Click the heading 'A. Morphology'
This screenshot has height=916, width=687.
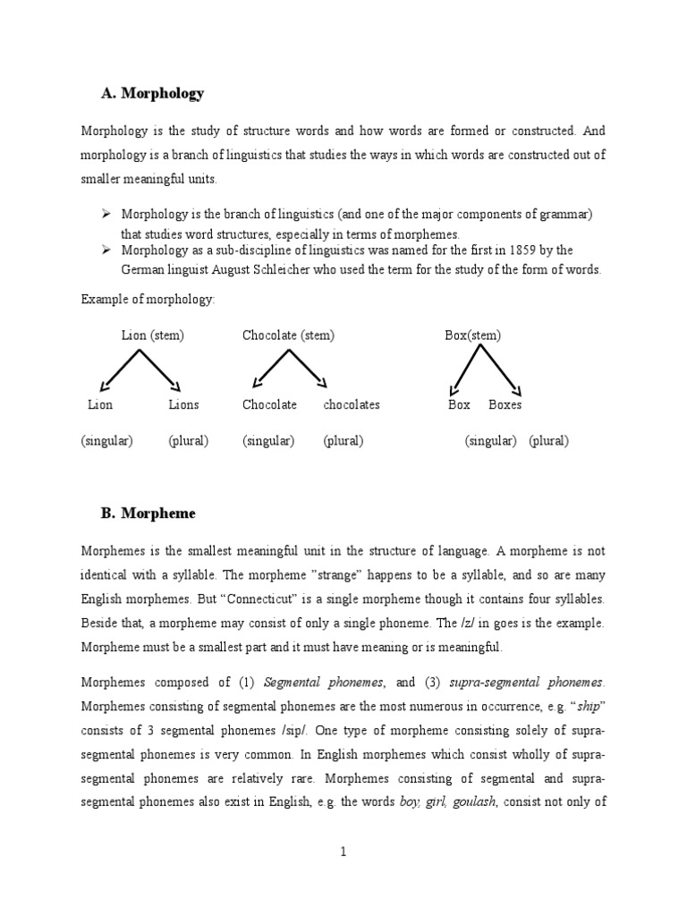point(152,93)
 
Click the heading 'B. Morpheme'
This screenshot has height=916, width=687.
point(148,513)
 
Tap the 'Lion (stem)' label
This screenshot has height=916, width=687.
point(153,335)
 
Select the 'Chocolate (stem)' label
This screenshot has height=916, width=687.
point(288,335)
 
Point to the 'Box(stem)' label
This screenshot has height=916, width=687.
point(472,335)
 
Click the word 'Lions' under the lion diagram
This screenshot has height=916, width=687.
point(183,404)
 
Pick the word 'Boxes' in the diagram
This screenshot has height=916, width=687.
point(505,404)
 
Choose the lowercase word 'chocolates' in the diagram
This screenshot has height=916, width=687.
point(352,404)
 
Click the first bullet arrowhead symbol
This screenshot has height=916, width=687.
point(105,215)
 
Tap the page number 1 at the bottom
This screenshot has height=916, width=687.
point(343,852)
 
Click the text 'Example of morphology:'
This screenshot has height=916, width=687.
point(148,299)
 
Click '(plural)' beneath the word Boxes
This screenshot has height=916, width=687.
point(548,441)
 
